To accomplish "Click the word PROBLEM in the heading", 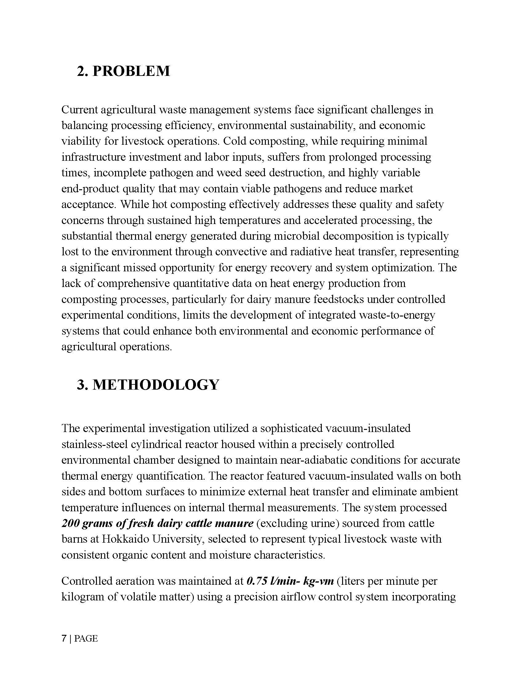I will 131,71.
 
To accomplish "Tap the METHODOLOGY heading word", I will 156,385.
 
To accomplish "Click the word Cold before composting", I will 234,141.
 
